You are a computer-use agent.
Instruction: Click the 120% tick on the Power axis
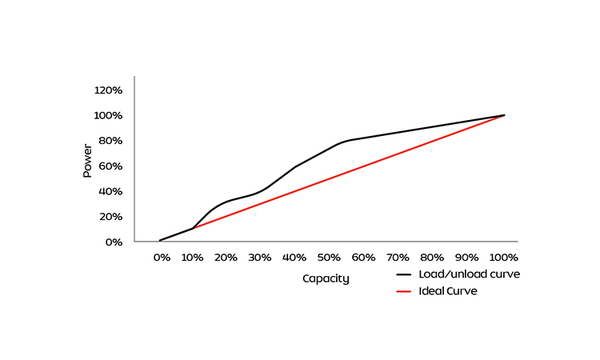(x=108, y=90)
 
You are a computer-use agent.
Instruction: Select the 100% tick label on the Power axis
(x=108, y=115)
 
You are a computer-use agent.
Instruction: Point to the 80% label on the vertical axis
(x=110, y=141)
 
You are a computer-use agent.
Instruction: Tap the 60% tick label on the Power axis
(x=110, y=166)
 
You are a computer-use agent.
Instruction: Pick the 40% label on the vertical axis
(x=110, y=191)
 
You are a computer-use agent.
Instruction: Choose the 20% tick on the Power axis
(x=110, y=217)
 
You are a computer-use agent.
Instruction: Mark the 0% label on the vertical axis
(x=114, y=242)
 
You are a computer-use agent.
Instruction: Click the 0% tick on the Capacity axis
(x=162, y=258)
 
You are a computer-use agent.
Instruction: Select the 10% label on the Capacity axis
(x=192, y=258)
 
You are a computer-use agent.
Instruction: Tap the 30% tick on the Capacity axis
(x=260, y=258)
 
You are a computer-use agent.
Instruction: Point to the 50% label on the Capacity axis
(x=329, y=258)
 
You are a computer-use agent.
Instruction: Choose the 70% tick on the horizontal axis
(x=398, y=258)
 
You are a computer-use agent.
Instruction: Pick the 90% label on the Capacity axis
(x=466, y=258)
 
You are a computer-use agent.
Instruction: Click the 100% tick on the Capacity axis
(x=503, y=258)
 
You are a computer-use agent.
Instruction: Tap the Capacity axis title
(x=326, y=279)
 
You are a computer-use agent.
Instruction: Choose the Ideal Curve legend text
(x=448, y=291)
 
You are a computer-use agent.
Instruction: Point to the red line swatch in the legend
(x=405, y=291)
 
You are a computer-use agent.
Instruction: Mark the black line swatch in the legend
(x=405, y=274)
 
